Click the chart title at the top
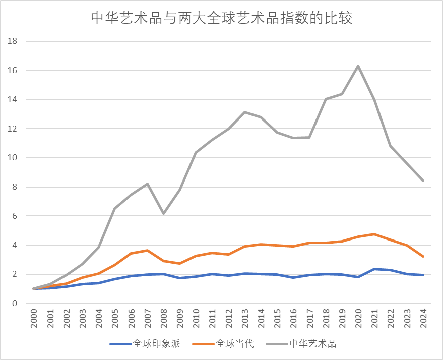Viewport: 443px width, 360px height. click(x=221, y=18)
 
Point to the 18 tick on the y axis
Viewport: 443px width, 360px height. click(x=13, y=41)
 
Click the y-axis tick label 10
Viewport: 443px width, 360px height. click(x=13, y=158)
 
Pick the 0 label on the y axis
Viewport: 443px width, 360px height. click(x=15, y=304)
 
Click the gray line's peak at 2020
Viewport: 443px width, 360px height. click(x=358, y=66)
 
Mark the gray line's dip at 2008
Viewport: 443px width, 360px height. click(x=163, y=213)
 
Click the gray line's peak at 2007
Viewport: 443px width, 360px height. click(x=147, y=184)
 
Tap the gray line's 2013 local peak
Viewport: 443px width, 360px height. click(x=244, y=112)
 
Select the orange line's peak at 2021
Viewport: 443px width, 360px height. click(x=374, y=234)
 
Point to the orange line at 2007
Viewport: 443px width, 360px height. click(x=147, y=250)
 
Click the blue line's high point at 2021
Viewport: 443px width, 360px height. click(x=374, y=269)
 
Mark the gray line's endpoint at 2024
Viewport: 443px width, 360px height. click(x=423, y=181)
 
